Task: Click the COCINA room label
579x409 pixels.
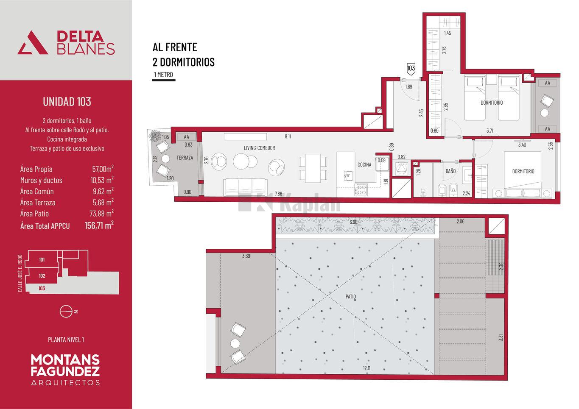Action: [364, 164]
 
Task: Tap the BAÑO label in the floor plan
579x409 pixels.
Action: [450, 171]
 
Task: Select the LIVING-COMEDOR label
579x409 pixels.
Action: [259, 148]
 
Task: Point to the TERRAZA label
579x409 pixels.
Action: [185, 158]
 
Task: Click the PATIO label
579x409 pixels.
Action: [350, 297]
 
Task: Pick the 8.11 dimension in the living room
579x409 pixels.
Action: [288, 136]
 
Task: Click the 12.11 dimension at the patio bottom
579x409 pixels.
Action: [366, 368]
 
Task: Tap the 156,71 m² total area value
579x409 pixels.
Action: [99, 225]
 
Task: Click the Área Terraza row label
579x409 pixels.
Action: [38, 203]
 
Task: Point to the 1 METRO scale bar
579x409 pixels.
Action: [164, 80]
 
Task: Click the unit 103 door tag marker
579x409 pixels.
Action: [411, 69]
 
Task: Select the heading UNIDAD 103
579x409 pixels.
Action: [67, 102]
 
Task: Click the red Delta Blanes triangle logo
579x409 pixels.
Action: [33, 43]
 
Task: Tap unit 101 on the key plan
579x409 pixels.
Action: [42, 260]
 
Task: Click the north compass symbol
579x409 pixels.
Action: [66, 312]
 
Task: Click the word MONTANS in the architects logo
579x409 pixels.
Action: [65, 360]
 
